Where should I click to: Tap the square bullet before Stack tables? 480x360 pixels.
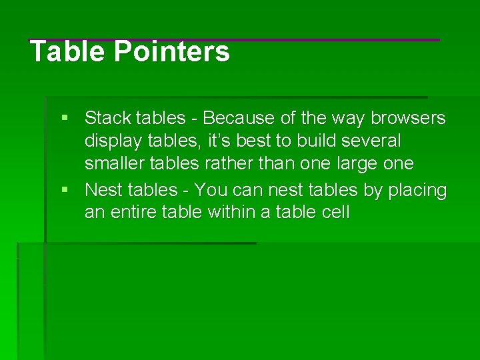(x=65, y=118)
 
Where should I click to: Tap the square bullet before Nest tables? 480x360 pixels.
(x=65, y=190)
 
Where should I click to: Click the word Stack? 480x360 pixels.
(x=108, y=119)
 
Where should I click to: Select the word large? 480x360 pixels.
(x=357, y=164)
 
